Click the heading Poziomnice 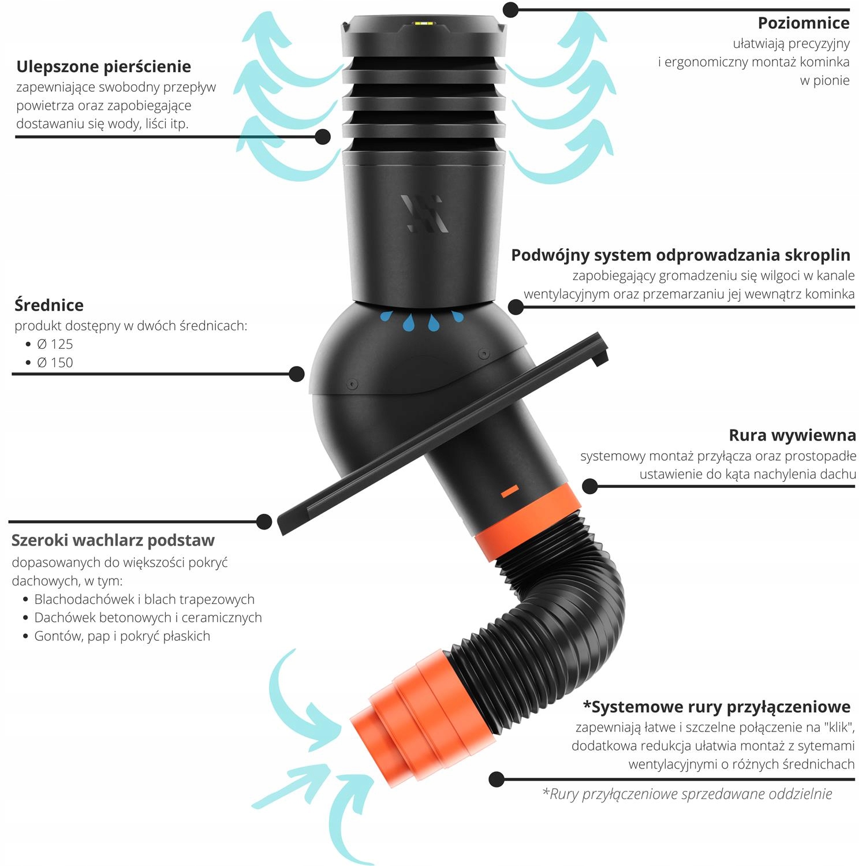point(803,23)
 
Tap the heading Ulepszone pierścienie point(104,67)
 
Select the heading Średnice point(49,305)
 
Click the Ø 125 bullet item point(55,344)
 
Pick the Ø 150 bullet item point(55,363)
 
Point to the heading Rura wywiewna point(792,435)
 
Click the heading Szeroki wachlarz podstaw point(113,540)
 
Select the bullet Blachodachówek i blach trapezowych point(144,599)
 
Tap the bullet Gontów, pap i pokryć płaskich point(122,636)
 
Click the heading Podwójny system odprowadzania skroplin point(681,255)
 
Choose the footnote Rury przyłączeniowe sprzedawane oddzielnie point(687,794)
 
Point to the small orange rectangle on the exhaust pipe point(510,491)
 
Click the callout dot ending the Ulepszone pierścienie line point(323,137)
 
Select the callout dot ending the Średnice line point(296,374)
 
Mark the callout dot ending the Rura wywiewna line point(589,486)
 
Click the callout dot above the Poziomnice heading point(510,9)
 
